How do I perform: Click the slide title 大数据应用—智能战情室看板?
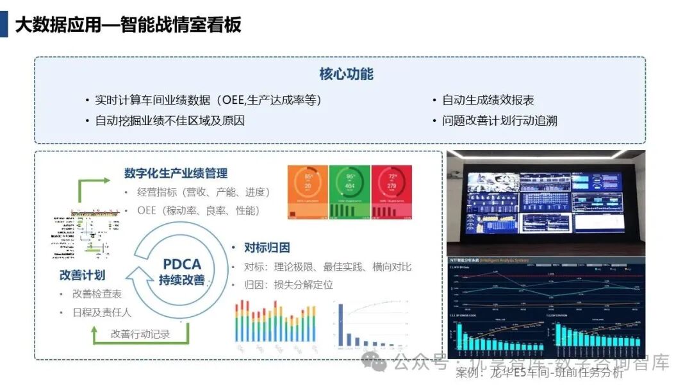point(128,25)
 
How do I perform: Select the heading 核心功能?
point(346,74)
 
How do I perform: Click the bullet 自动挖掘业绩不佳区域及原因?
point(169,121)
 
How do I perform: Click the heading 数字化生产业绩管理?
point(176,173)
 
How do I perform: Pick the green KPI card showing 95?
point(350,192)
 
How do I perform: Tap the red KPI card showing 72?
point(391,192)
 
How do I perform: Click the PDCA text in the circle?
point(181,264)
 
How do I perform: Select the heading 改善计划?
point(82,275)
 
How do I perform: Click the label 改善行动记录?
point(141,334)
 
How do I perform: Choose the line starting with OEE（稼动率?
point(198,210)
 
